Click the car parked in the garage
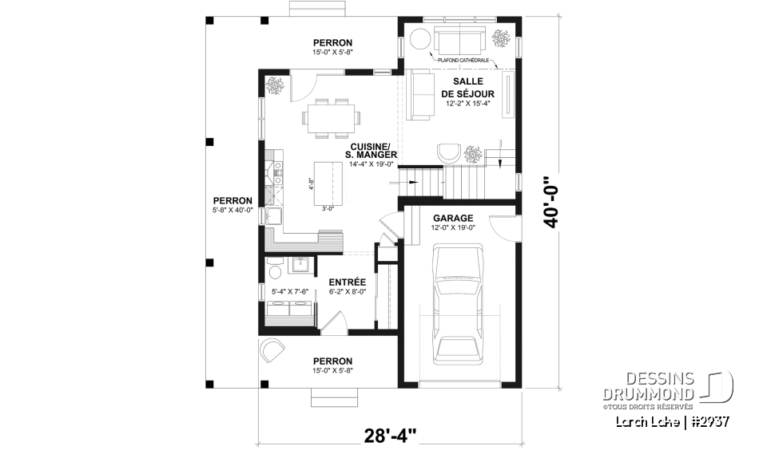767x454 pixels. [x=456, y=304]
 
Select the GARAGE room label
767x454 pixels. [x=453, y=218]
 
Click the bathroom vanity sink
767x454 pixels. [x=302, y=266]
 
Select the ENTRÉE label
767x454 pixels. [x=347, y=282]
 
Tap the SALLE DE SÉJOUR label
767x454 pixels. [x=467, y=88]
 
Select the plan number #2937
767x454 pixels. [x=708, y=420]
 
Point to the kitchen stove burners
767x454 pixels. [x=279, y=169]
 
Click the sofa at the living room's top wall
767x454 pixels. [x=459, y=39]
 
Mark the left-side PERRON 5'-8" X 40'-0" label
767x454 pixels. [x=232, y=205]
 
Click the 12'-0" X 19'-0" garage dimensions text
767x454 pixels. [x=453, y=228]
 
